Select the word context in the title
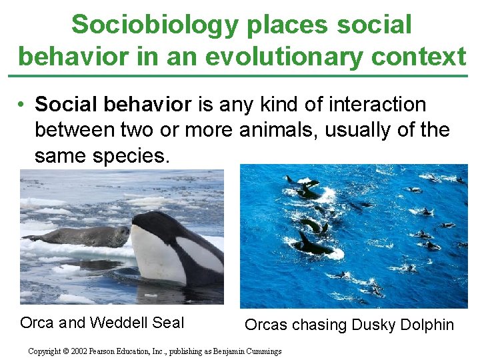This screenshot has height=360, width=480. pos(418,57)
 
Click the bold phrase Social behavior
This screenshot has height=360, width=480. pos(113,105)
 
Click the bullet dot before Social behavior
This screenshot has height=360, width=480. pos(23,105)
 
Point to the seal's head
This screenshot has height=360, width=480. pos(121,233)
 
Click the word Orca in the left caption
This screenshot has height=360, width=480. pos(37,323)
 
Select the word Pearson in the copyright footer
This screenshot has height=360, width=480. pos(111,351)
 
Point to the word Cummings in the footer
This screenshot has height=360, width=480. pos(262,351)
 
